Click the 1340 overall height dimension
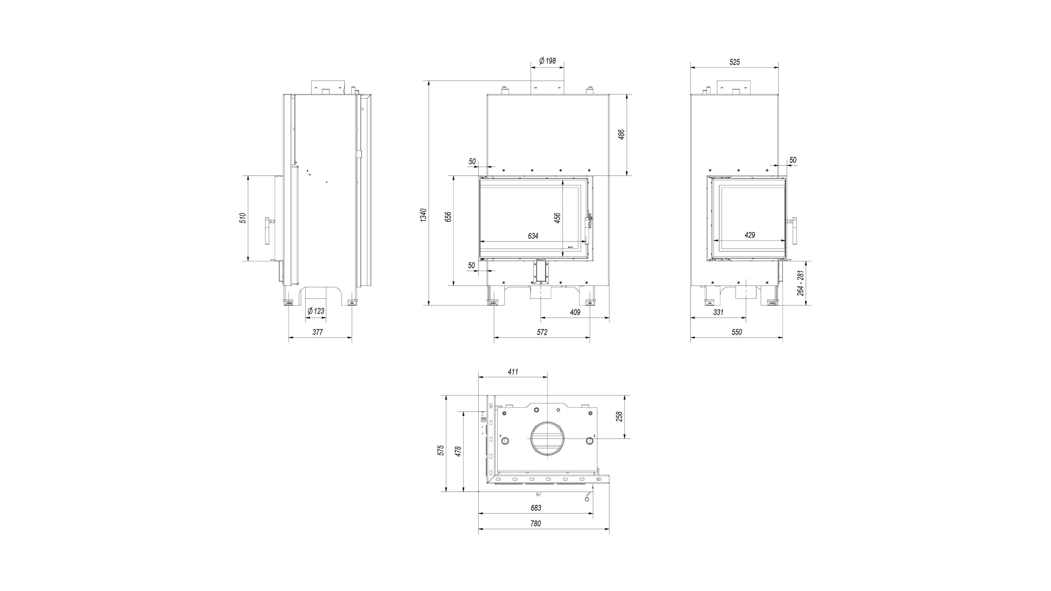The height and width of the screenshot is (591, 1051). point(423,215)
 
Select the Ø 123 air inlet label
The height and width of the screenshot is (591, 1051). point(316,311)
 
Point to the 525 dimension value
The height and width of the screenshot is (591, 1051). point(734,62)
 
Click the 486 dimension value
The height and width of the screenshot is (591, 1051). point(621,135)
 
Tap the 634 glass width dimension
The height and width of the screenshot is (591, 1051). point(533,236)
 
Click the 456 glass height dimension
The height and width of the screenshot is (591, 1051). point(557,218)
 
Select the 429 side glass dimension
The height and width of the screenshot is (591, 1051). point(749,235)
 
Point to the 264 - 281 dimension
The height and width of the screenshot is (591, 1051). point(801,283)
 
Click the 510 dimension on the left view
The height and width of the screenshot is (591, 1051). point(243,218)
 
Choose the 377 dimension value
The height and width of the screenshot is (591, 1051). point(317,332)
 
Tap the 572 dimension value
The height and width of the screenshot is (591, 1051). point(542,332)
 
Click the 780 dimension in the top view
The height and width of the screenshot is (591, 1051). point(536,523)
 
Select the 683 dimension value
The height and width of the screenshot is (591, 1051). point(536,508)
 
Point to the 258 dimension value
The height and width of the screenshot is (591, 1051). point(619,417)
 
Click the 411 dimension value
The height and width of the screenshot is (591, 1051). point(513,372)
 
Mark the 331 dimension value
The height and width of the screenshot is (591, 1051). point(718,312)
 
